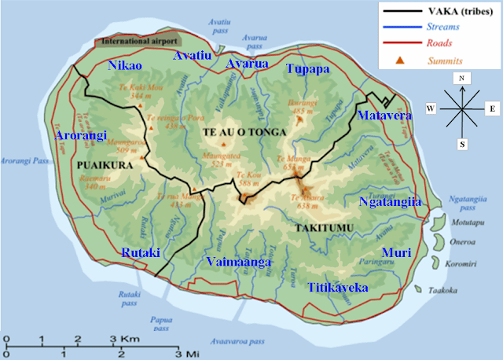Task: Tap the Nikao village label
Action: (x=125, y=65)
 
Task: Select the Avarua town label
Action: (x=247, y=64)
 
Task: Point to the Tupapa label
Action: (x=308, y=68)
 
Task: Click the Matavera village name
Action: (x=380, y=116)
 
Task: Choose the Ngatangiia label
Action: (x=391, y=202)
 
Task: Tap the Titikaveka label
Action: (x=338, y=288)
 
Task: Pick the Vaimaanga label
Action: (x=238, y=262)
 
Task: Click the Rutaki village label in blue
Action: (x=141, y=252)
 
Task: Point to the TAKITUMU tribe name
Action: (x=323, y=228)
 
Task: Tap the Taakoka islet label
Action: (x=447, y=290)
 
